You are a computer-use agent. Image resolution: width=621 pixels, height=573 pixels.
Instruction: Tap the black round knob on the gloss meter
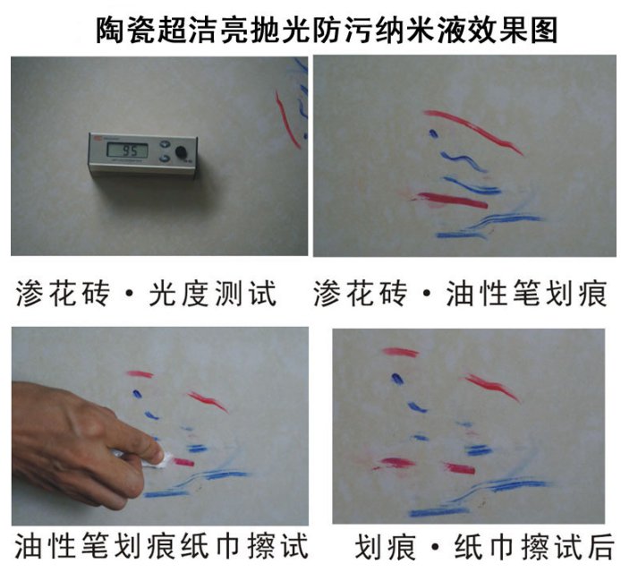pyautogui.click(x=181, y=152)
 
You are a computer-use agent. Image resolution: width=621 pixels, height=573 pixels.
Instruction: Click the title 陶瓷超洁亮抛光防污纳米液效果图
pyautogui.click(x=327, y=30)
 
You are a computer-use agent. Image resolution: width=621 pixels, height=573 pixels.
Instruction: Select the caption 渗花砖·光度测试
pyautogui.click(x=146, y=294)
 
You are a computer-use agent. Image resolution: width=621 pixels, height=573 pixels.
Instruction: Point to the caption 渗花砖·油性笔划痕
pyautogui.click(x=460, y=294)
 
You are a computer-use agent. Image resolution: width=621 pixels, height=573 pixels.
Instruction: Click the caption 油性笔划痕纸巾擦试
pyautogui.click(x=162, y=546)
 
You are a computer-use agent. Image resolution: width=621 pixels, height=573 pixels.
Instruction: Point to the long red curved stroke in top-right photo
pyautogui.click(x=473, y=128)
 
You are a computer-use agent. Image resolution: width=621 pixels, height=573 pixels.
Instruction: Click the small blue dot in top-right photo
pyautogui.click(x=433, y=133)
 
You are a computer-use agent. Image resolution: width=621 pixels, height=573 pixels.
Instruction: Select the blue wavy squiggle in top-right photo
pyautogui.click(x=463, y=160)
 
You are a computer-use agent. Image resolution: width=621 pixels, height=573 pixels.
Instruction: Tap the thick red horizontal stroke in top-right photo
pyautogui.click(x=453, y=201)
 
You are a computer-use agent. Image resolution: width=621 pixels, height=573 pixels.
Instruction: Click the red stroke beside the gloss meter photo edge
pyautogui.click(x=286, y=120)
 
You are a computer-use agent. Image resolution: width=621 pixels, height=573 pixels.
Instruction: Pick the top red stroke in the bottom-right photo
pyautogui.click(x=400, y=352)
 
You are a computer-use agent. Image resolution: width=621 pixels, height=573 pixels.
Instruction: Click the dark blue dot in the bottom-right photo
pyautogui.click(x=397, y=379)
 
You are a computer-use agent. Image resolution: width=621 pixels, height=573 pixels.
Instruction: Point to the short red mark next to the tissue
pyautogui.click(x=183, y=462)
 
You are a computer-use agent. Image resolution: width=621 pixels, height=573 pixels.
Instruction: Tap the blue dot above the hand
pyautogui.click(x=137, y=394)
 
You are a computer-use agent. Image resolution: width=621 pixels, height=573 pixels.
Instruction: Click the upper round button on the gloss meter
pyautogui.click(x=165, y=144)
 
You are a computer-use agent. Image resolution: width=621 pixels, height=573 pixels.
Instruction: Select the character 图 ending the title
pyautogui.click(x=544, y=30)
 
